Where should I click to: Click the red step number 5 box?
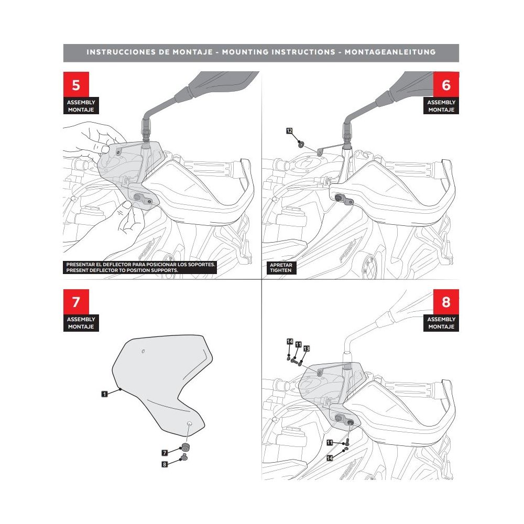pyautogui.click(x=76, y=84)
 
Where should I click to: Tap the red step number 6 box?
pyautogui.click(x=446, y=84)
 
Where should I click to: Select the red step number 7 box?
pyautogui.click(x=76, y=302)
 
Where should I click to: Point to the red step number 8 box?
pyautogui.click(x=446, y=302)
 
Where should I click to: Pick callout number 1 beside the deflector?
pyautogui.click(x=105, y=393)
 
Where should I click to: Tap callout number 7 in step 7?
pyautogui.click(x=165, y=452)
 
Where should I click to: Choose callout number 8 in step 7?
pyautogui.click(x=165, y=464)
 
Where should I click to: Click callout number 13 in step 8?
pyautogui.click(x=307, y=348)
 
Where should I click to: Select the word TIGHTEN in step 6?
pyautogui.click(x=281, y=271)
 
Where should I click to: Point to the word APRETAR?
pyautogui.click(x=281, y=265)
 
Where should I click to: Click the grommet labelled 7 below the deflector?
pyautogui.click(x=184, y=447)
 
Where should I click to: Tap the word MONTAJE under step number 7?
pyautogui.click(x=81, y=327)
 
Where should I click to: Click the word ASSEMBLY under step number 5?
pyautogui.click(x=81, y=103)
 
